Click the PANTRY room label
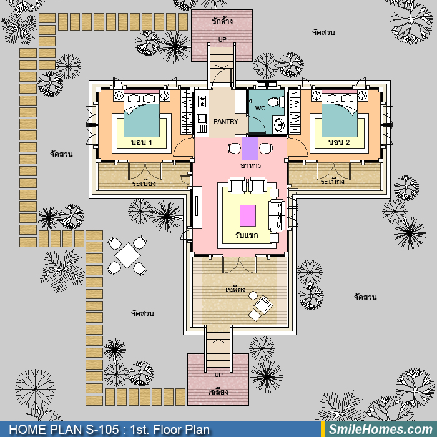226,122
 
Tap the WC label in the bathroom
260,109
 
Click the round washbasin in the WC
279,125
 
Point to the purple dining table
250,149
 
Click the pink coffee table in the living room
248,216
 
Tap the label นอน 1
142,142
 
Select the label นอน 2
339,142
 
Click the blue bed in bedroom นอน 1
142,115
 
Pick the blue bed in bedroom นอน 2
340,115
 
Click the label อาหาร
250,165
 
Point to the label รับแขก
247,235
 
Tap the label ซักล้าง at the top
222,21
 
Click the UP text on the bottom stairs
219,375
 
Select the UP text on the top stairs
222,40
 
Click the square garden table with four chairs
127,255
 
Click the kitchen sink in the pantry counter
202,119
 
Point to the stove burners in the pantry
202,101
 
